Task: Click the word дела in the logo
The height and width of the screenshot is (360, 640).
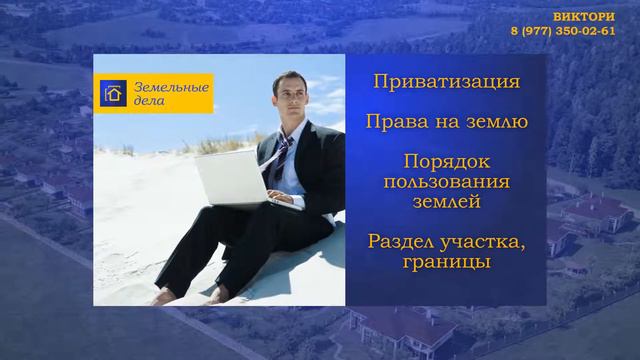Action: [x=145, y=103]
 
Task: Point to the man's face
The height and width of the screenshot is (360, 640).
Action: [x=290, y=103]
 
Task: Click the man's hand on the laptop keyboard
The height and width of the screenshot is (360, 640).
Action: [x=285, y=200]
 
